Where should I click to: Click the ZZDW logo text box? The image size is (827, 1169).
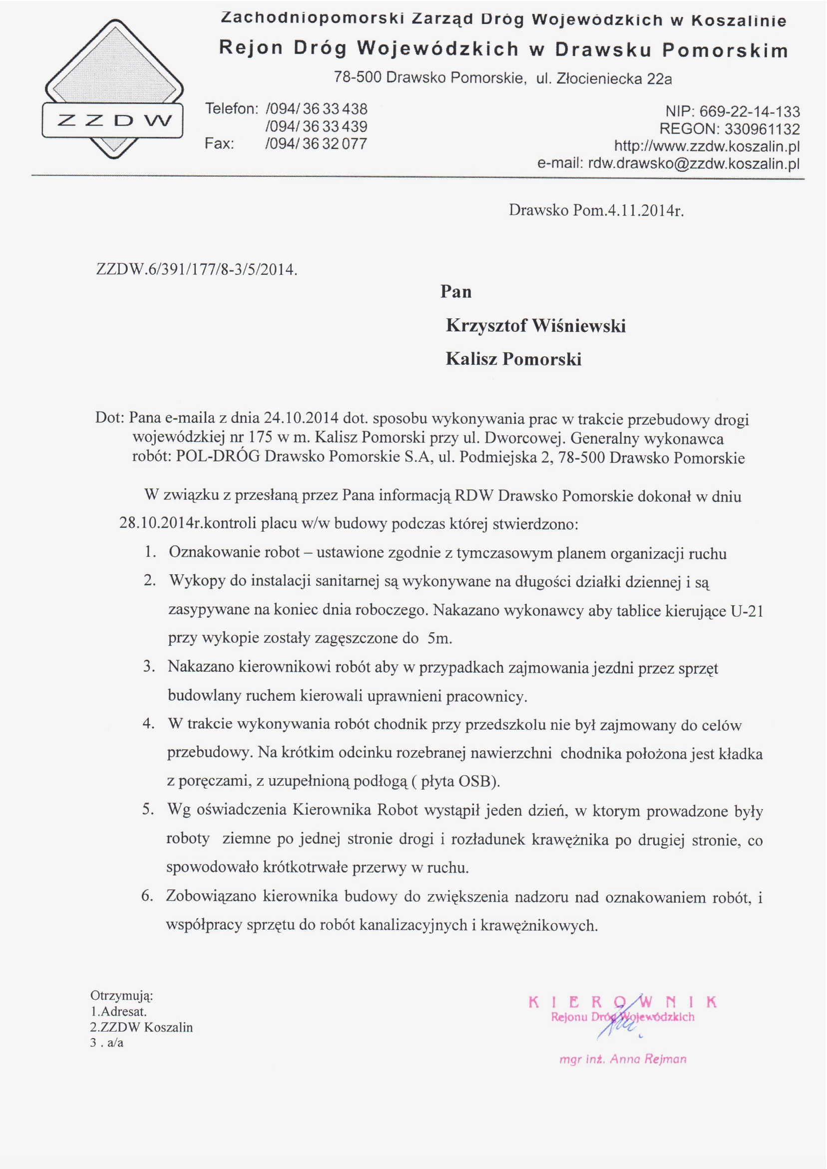tap(112, 120)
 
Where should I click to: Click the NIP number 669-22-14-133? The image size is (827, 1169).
tap(750, 111)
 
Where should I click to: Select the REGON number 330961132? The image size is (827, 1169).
tap(762, 129)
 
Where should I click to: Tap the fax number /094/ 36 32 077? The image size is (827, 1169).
tap(316, 144)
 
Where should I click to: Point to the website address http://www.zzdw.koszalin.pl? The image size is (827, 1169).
tap(707, 147)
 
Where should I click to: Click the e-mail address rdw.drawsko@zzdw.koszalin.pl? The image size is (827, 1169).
tap(694, 164)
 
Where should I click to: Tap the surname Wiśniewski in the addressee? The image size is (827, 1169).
tap(579, 326)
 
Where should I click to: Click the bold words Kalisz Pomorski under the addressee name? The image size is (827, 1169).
tap(513, 359)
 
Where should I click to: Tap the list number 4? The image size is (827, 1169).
tap(148, 724)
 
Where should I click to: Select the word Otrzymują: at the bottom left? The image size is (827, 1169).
tap(122, 995)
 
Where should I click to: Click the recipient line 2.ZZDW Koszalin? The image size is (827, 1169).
tap(141, 1027)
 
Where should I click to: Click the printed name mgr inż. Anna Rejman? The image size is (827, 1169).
tap(623, 1060)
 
